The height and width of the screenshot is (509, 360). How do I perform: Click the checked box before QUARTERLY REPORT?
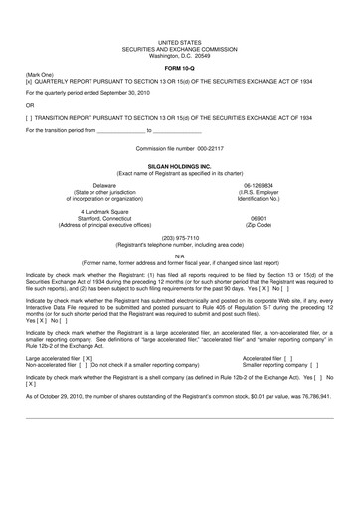[30, 81]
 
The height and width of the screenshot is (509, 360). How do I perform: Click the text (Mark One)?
[40, 74]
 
